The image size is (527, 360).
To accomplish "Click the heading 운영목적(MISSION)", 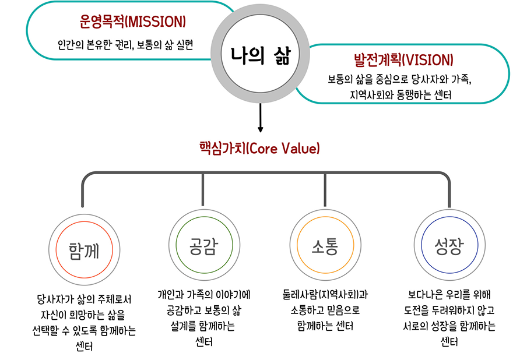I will click(132, 22).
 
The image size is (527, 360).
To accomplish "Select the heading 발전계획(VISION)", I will click(403, 60).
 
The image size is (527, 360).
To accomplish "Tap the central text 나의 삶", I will click(260, 55).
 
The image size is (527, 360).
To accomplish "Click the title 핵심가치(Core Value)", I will click(260, 148).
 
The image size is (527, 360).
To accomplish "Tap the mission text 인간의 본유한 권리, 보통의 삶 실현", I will click(125, 44).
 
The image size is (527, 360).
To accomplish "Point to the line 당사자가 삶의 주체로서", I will click(83, 300).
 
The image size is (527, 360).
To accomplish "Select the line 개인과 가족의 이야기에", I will click(203, 294).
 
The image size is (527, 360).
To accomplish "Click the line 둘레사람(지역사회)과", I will click(325, 294).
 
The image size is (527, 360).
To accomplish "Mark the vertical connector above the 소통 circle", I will click(325, 189).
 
